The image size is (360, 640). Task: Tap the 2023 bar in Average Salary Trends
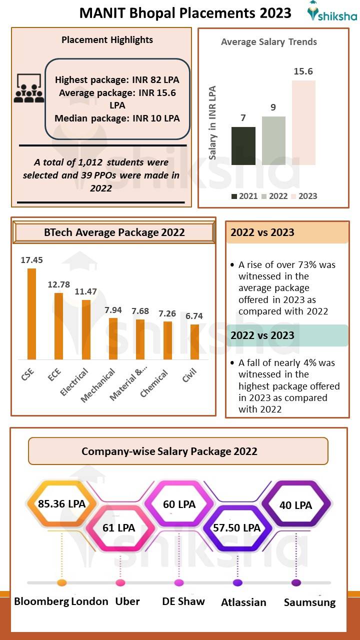[303, 122]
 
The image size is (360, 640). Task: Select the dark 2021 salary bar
[243, 145]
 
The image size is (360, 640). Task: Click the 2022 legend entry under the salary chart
[274, 196]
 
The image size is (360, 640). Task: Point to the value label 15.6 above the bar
[303, 71]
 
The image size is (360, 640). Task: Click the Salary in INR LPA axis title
[213, 122]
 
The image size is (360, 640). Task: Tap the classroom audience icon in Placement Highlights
[28, 88]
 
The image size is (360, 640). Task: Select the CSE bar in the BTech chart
[31, 313]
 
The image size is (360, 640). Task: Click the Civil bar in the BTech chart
[194, 341]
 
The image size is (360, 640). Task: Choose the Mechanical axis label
[98, 385]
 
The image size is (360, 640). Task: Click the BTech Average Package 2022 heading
[114, 232]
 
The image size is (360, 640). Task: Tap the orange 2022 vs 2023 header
[287, 232]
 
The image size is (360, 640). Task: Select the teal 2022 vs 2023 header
[287, 335]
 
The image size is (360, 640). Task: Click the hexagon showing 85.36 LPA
[61, 503]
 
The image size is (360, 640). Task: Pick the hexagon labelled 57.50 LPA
[236, 527]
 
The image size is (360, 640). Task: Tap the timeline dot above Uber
[120, 582]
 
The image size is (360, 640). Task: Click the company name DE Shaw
[183, 601]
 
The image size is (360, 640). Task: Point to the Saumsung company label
[309, 602]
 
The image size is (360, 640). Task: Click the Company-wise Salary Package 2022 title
[169, 451]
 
